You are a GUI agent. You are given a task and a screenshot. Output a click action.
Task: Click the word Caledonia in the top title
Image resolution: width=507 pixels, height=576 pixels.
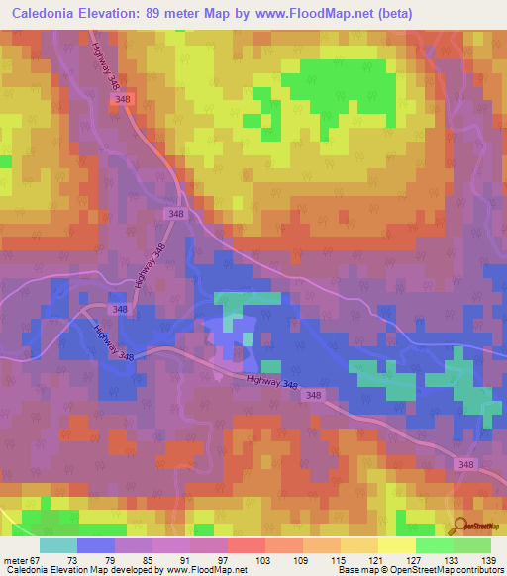pyautogui.click(x=43, y=13)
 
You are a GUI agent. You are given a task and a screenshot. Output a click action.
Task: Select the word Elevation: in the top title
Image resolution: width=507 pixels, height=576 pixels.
pyautogui.click(x=116, y=13)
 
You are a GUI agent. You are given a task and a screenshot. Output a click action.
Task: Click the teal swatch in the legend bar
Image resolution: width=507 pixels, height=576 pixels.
pyautogui.click(x=58, y=545)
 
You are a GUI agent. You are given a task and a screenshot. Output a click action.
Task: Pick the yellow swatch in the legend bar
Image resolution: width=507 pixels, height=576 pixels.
pyautogui.click(x=397, y=545)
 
